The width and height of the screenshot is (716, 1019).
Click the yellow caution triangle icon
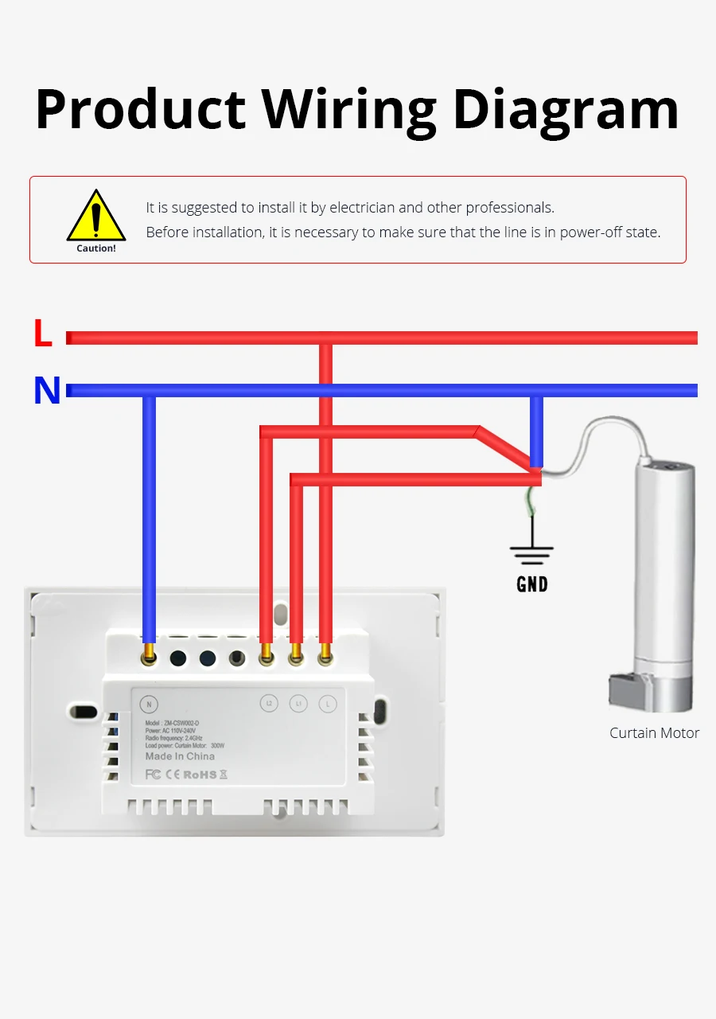tap(96, 217)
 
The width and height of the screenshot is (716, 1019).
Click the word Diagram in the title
tap(566, 109)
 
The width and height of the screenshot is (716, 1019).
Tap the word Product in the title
tap(141, 109)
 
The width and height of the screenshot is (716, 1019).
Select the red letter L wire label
tap(43, 334)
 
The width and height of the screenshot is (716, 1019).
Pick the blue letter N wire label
tap(47, 391)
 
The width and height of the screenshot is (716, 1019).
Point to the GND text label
tap(532, 584)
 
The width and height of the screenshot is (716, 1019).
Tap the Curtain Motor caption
tap(654, 733)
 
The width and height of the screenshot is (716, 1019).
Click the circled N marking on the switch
tap(148, 704)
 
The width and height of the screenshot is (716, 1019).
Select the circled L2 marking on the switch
tap(269, 704)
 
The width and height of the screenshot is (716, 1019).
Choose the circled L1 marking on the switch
tap(298, 704)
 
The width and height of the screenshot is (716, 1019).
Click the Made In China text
tap(180, 756)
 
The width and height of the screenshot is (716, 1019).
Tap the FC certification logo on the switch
tap(154, 774)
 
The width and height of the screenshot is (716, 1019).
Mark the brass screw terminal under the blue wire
tap(149, 657)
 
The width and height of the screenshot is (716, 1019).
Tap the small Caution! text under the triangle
tap(96, 248)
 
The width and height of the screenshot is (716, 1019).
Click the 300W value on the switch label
tap(219, 746)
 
